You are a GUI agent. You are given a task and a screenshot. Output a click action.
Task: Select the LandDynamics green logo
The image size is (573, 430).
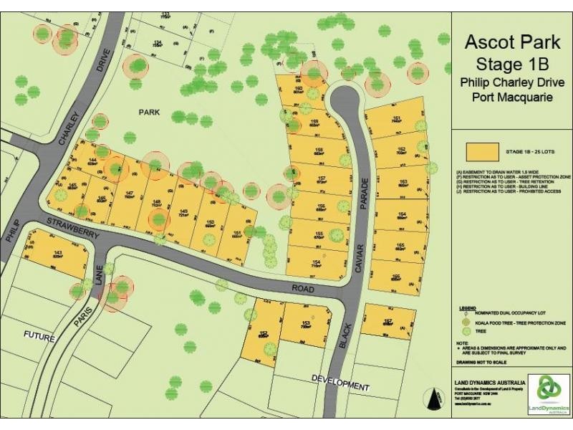pyautogui.click(x=549, y=392)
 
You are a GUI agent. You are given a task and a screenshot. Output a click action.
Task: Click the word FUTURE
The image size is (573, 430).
pyautogui.click(x=39, y=335)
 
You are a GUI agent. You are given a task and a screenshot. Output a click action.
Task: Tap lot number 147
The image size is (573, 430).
pyautogui.click(x=130, y=193)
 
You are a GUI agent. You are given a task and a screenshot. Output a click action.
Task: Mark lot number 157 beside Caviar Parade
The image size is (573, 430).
pyautogui.click(x=322, y=178)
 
